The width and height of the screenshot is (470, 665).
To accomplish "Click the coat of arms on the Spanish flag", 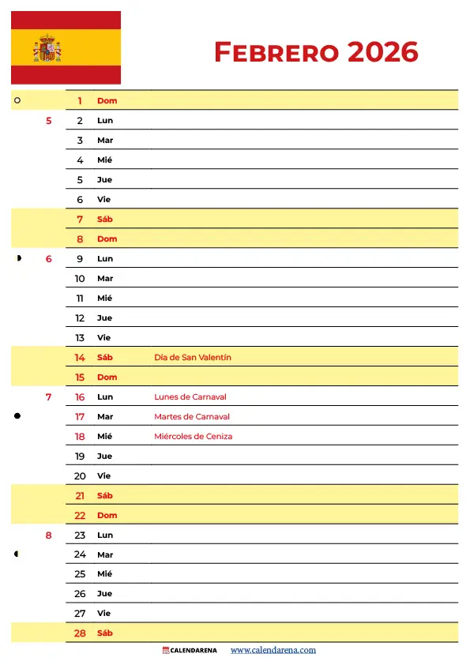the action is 47,49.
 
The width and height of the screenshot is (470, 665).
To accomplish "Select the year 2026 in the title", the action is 382,52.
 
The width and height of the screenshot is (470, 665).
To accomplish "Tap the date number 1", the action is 80,101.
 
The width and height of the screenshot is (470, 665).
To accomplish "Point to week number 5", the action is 49,121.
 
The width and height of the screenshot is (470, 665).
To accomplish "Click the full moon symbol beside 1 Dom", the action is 17,101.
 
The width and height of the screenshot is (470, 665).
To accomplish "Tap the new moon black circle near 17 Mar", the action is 17,415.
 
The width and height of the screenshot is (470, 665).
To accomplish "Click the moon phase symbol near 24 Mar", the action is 17,554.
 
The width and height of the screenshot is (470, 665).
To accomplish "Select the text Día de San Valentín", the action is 193,358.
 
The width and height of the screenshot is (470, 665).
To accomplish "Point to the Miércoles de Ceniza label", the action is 194,437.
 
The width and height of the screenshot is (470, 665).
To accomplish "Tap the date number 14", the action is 80,358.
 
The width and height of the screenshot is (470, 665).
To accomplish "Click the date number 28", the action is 80,633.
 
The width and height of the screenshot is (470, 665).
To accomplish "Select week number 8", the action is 49,535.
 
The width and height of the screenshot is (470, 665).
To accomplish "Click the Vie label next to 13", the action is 103,338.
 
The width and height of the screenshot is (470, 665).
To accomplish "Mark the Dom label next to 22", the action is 107,516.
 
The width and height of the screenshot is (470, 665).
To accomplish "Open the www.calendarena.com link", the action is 273,651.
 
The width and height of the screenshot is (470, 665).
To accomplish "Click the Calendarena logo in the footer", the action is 189,651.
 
